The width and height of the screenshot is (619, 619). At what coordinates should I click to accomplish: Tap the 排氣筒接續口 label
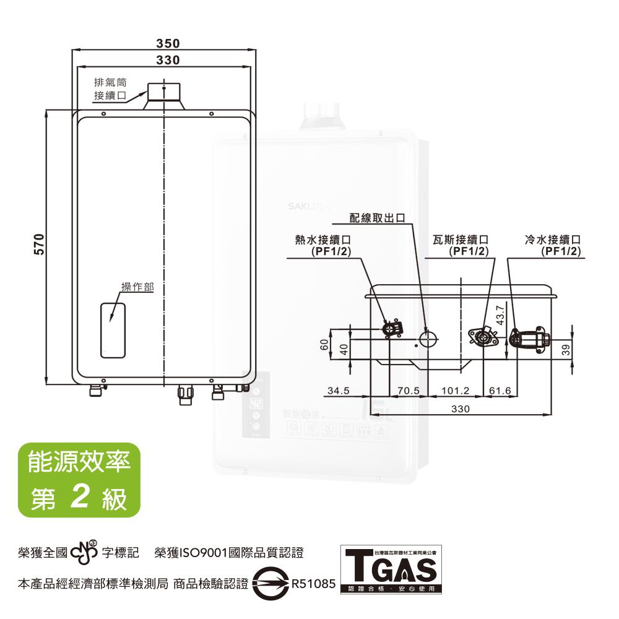click(110, 89)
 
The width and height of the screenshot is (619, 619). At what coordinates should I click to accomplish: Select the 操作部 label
click(137, 287)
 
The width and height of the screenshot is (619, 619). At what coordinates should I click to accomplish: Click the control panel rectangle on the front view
click(113, 330)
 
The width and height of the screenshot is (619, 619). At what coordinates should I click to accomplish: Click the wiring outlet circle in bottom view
click(428, 338)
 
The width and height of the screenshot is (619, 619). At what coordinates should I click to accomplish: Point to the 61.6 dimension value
click(500, 391)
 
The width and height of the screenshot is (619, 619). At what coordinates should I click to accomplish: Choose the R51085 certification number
click(313, 583)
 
